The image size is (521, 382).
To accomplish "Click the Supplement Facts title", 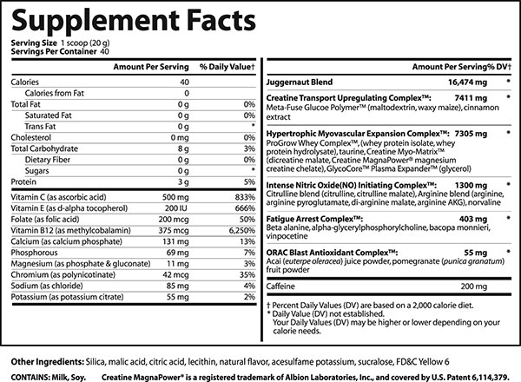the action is coord(134,21).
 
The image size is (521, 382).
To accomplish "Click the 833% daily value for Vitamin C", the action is coord(245,197).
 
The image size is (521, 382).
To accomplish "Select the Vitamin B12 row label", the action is coord(71,231).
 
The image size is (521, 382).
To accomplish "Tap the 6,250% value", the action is coord(242,231).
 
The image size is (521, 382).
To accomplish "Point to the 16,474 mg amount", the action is coord(467,82).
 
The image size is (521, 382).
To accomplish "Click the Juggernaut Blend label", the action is coord(300,82).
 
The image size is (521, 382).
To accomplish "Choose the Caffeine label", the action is coord(280,286).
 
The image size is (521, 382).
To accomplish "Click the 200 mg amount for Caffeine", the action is coord(474,286).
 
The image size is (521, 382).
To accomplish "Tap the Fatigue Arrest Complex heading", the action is coord(314,220).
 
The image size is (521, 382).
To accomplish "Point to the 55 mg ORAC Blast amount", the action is coord(476,253).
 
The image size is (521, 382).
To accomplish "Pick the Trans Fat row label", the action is coord(40,127).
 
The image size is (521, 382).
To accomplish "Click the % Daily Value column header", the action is coord(228,67).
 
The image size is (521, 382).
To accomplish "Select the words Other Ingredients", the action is coord(47,362).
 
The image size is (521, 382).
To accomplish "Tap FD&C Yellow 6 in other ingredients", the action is coord(423,362).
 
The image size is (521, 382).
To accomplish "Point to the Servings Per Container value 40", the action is coord(104,52).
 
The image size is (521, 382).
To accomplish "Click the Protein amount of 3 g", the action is coord(183,182).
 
